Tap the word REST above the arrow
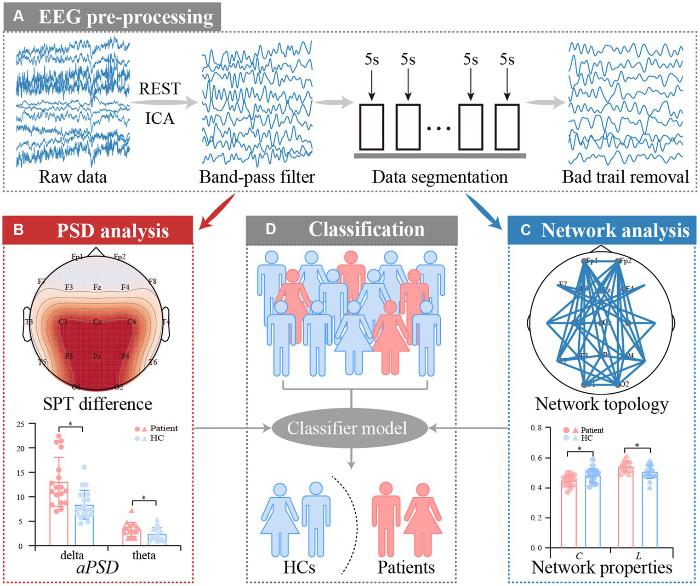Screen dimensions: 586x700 click(x=159, y=89)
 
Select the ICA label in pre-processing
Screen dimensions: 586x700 click(x=160, y=119)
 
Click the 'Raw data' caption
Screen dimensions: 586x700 click(x=73, y=177)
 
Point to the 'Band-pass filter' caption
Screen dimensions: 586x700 click(x=257, y=177)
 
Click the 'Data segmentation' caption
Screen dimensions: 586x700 click(x=440, y=177)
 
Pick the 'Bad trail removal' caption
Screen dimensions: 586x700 click(x=626, y=177)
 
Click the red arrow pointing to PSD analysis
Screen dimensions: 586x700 click(x=218, y=212)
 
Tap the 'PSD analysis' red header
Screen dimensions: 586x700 click(x=98, y=230)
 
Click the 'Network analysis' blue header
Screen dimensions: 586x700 click(x=602, y=230)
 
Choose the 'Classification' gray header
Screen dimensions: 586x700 click(x=352, y=230)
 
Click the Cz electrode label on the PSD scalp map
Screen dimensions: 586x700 click(x=97, y=322)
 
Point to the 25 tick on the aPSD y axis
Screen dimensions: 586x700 click(x=20, y=424)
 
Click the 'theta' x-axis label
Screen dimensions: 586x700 click(x=144, y=556)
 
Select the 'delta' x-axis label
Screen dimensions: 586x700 click(x=72, y=556)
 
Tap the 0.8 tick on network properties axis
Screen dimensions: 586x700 click(x=536, y=428)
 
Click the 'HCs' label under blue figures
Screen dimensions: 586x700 click(x=299, y=568)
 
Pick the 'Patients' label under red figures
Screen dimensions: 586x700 click(x=406, y=568)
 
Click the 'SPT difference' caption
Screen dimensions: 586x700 click(x=97, y=404)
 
